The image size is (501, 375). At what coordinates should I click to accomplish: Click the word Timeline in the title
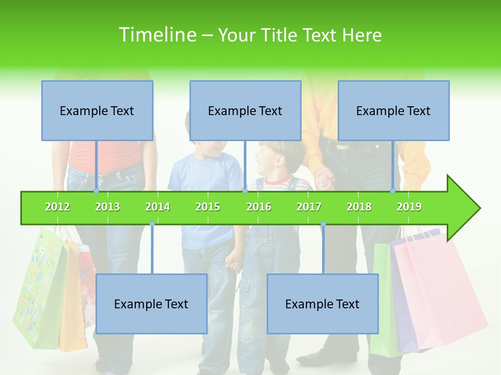click(x=157, y=35)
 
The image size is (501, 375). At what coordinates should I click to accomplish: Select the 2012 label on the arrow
click(x=57, y=207)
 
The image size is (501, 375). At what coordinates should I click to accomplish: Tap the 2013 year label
click(x=108, y=207)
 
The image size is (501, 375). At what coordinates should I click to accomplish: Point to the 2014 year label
click(x=158, y=207)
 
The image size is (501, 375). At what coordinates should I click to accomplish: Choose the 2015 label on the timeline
click(x=208, y=207)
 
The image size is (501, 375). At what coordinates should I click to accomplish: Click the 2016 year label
click(x=259, y=207)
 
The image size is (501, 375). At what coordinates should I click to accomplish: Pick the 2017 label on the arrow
click(x=309, y=207)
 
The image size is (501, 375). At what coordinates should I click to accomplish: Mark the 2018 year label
click(x=359, y=207)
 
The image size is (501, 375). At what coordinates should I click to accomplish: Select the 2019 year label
click(x=409, y=207)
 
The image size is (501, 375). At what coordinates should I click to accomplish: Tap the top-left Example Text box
click(x=97, y=110)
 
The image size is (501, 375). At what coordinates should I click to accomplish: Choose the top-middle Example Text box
click(x=245, y=110)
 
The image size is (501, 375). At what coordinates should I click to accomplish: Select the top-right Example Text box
click(x=393, y=110)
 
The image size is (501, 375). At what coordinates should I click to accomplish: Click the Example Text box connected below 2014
click(x=151, y=304)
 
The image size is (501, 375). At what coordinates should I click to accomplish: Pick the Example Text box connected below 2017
click(x=323, y=304)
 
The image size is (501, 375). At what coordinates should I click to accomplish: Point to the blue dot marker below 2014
click(x=152, y=224)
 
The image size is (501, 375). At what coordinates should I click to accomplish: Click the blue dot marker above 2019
click(x=392, y=191)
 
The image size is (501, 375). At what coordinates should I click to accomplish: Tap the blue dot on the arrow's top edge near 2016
click(x=245, y=191)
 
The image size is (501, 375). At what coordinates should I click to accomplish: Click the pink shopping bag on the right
click(x=438, y=292)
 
